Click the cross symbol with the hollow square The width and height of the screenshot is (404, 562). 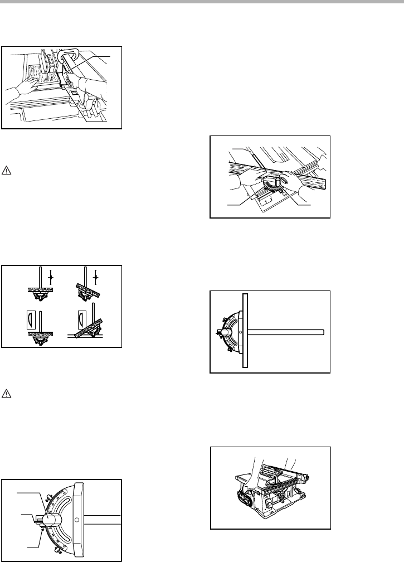tap(95, 277)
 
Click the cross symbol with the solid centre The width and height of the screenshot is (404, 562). tap(51, 277)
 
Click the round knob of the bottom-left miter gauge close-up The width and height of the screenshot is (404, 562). tap(50, 520)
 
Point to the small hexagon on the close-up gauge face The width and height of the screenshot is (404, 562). tap(77, 520)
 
